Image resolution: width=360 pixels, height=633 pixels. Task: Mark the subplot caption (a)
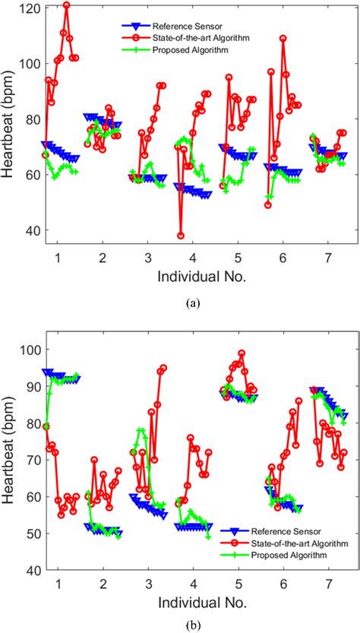point(193,302)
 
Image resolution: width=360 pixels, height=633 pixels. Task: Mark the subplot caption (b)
point(193,626)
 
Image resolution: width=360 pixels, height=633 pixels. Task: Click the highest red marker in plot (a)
point(66,5)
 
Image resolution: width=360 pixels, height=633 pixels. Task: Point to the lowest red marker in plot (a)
point(181,236)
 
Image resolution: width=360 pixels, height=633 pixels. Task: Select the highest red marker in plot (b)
point(242,353)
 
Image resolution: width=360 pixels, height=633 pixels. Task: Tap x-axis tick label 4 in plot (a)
point(193,256)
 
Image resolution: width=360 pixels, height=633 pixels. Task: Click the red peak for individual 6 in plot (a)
point(283,38)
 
